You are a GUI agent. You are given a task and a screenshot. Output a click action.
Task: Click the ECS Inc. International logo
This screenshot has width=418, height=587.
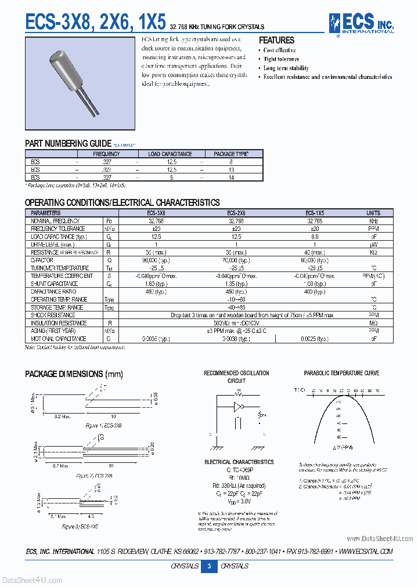[x=361, y=24]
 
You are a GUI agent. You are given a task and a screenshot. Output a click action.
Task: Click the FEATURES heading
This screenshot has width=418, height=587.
[x=276, y=40]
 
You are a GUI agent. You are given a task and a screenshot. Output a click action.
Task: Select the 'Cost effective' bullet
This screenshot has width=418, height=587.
[x=279, y=50]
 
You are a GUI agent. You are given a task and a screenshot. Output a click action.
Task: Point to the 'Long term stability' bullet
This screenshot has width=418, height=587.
[x=286, y=68]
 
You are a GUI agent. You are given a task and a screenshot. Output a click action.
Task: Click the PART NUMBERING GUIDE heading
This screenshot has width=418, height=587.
[x=68, y=143]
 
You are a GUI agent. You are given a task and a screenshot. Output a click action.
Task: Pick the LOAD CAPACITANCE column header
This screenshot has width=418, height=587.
[x=170, y=154]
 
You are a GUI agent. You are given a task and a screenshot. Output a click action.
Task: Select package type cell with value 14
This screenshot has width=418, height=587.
[x=231, y=177]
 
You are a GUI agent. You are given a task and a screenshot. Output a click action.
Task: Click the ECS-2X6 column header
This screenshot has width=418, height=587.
[x=236, y=213]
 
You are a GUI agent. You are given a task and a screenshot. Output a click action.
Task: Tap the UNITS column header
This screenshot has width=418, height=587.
[x=373, y=213]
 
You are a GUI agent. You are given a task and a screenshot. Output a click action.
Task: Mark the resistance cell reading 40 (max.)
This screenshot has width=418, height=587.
[x=314, y=252]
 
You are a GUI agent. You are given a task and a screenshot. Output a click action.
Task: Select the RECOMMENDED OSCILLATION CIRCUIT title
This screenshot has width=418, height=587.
[x=236, y=376]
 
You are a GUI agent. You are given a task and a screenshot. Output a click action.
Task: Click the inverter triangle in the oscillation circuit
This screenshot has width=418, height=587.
[x=237, y=406]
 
